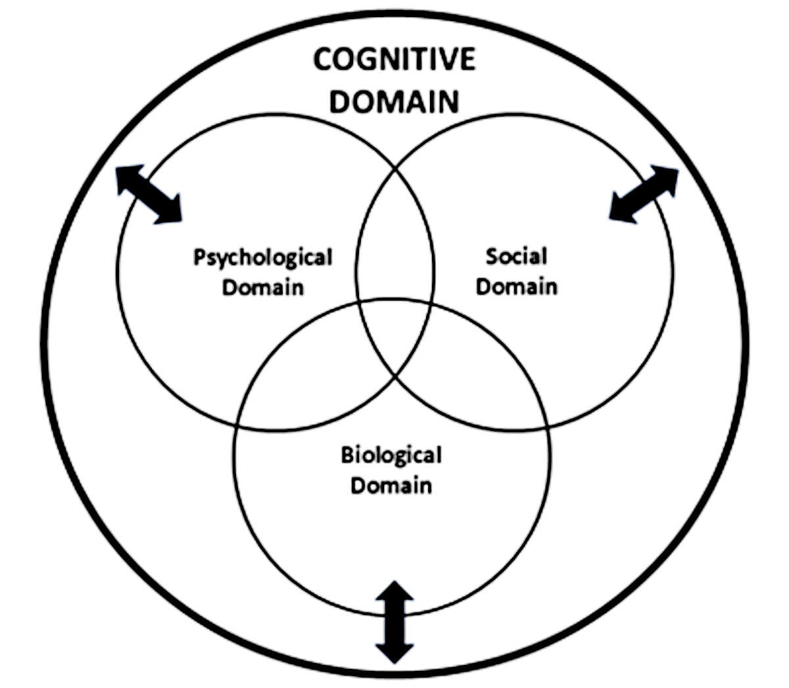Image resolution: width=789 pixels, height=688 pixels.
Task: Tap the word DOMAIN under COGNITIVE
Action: [x=394, y=101]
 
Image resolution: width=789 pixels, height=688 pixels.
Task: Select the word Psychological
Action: [x=263, y=258]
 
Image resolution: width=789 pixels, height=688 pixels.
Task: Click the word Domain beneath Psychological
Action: [x=263, y=287]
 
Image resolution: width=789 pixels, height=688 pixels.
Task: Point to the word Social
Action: [x=516, y=256]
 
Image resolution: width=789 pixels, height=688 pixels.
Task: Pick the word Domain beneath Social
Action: [x=516, y=286]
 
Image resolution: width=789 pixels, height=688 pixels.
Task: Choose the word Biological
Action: [x=391, y=455]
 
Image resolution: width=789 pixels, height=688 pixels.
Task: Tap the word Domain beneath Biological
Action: [x=391, y=485]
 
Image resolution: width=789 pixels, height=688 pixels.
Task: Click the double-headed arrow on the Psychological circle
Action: [x=149, y=195]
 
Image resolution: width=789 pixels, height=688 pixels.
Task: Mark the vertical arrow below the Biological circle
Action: [x=394, y=622]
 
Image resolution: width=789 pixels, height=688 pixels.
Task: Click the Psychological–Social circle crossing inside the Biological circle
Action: [x=394, y=376]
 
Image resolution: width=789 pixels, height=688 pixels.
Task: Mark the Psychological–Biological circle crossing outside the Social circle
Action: [x=237, y=424]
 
